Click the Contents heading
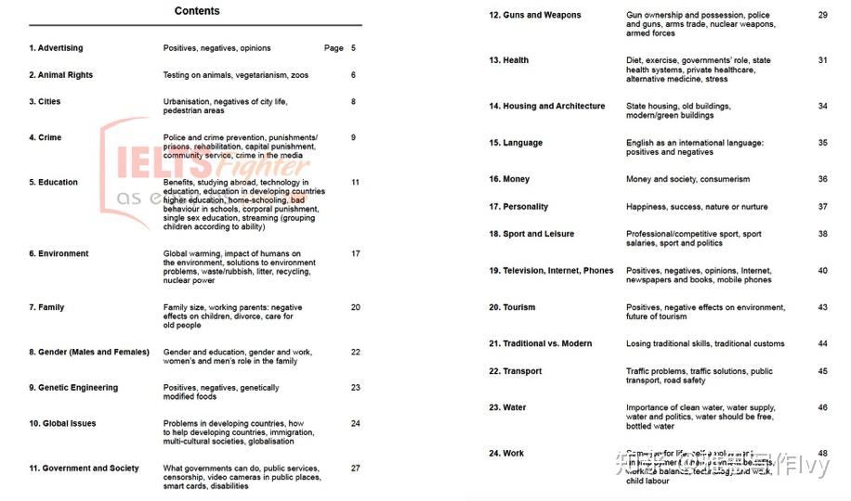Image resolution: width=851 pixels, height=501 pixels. (197, 11)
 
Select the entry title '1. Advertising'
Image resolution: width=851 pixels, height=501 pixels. (56, 48)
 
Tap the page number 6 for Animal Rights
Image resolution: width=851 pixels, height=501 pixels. (353, 75)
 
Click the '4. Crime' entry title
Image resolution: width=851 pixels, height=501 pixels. (45, 137)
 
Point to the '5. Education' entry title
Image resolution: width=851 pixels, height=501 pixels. (53, 183)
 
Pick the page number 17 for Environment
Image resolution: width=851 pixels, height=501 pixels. (355, 253)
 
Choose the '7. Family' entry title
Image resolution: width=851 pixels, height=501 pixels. (46, 307)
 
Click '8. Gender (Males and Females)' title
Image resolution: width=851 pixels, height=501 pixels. (88, 353)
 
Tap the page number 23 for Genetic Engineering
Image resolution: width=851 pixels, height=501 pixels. (355, 388)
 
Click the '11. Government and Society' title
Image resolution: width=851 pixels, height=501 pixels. (84, 469)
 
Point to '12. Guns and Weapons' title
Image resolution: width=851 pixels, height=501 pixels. (534, 16)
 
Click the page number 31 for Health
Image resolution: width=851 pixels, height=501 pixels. (822, 60)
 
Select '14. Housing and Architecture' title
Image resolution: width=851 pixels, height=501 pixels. (546, 107)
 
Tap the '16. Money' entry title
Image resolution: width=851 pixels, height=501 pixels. (508, 179)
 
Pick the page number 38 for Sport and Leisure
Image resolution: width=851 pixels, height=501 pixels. (822, 234)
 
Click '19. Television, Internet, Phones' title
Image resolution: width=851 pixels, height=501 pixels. (551, 271)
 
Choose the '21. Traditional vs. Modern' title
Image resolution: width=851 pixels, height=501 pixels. (540, 344)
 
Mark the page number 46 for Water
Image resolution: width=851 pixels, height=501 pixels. (822, 407)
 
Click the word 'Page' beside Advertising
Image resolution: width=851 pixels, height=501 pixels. (334, 48)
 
